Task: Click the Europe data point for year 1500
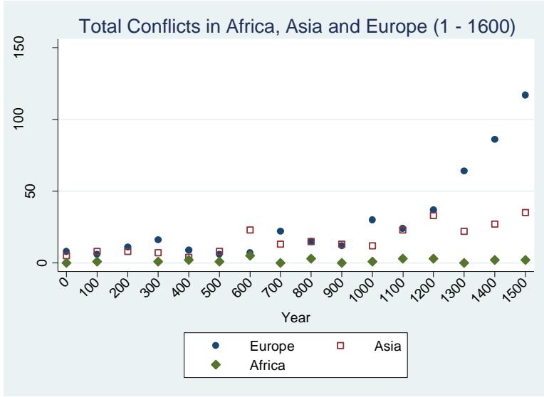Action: pyautogui.click(x=525, y=95)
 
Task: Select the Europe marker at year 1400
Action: pyautogui.click(x=494, y=139)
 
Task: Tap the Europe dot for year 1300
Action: pyautogui.click(x=464, y=171)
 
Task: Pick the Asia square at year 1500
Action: pyautogui.click(x=525, y=213)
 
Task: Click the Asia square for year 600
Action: pyautogui.click(x=250, y=230)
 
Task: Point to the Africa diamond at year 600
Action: pyautogui.click(x=250, y=255)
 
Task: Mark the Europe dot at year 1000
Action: pyautogui.click(x=372, y=220)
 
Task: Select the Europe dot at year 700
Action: pyautogui.click(x=281, y=231)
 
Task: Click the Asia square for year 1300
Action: pyautogui.click(x=464, y=231)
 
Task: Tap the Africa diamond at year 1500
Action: pyautogui.click(x=525, y=260)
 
